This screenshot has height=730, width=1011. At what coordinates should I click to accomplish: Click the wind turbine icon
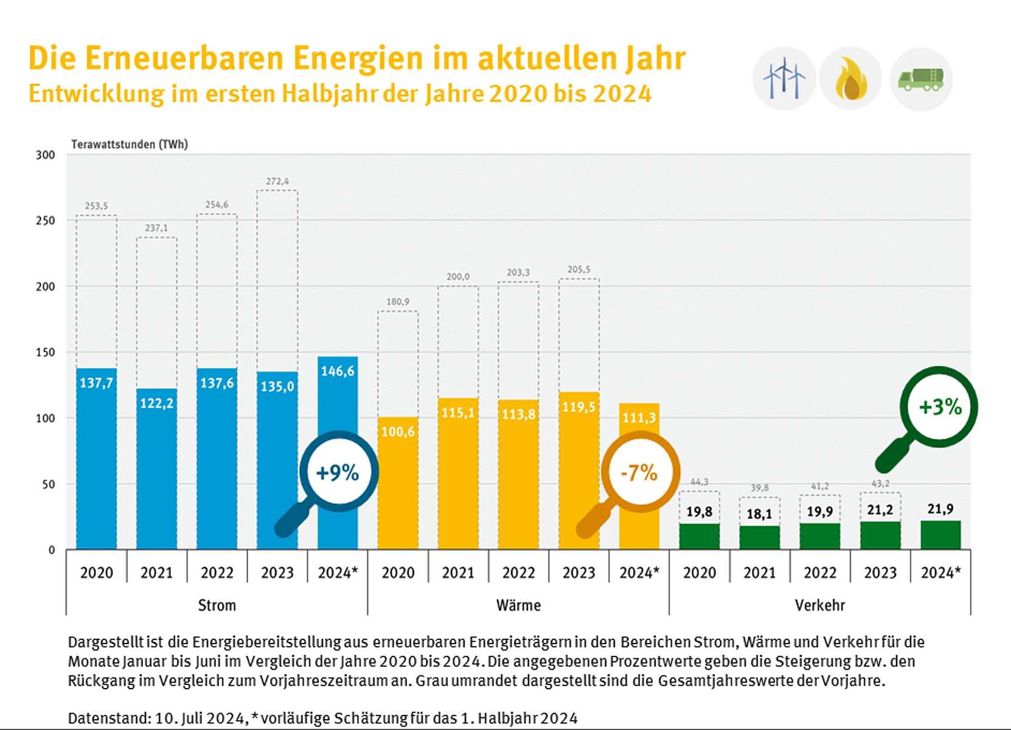tap(784, 79)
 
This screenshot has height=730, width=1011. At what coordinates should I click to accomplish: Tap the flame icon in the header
tap(850, 79)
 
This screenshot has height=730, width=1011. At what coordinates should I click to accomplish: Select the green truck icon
tap(921, 79)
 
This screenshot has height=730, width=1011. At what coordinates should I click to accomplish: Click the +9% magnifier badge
tap(338, 472)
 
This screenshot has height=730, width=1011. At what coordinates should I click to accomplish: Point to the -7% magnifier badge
tap(640, 472)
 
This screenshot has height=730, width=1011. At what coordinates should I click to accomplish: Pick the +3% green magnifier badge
tap(939, 406)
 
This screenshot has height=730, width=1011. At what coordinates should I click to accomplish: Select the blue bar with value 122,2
tap(156, 468)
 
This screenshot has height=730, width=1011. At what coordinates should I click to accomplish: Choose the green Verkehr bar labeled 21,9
tap(940, 535)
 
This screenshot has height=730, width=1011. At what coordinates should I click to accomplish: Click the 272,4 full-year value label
tap(277, 181)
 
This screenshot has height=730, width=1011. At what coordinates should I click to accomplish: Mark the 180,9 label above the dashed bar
tap(398, 302)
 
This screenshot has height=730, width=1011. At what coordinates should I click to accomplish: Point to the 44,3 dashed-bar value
tap(699, 482)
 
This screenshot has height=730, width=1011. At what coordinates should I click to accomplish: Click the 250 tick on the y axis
tap(46, 221)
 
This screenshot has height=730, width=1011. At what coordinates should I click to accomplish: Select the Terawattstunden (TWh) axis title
tap(130, 144)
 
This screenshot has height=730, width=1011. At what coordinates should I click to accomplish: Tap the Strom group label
tap(217, 605)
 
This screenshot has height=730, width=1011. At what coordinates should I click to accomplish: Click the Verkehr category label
tap(819, 605)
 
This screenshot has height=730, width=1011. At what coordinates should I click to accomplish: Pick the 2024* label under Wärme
tap(639, 572)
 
